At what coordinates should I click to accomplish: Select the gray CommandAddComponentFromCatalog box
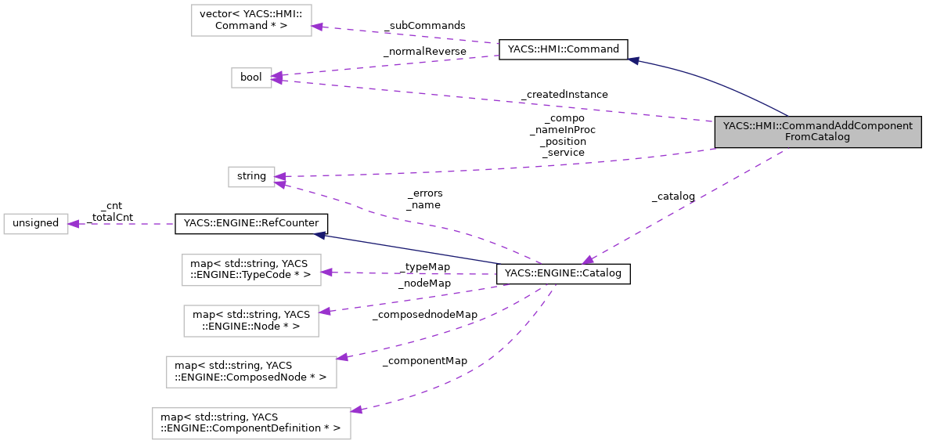click(x=817, y=132)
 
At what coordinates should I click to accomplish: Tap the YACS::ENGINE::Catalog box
click(x=564, y=273)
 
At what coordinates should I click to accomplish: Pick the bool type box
click(x=251, y=77)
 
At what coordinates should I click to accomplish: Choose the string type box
click(x=251, y=176)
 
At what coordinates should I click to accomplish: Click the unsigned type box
click(x=36, y=223)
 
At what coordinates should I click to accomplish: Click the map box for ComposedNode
click(x=251, y=371)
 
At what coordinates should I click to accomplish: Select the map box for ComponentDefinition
click(x=250, y=423)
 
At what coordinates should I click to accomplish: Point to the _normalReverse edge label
click(x=424, y=52)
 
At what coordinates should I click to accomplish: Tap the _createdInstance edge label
click(x=564, y=94)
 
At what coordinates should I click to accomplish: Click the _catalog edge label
click(x=673, y=196)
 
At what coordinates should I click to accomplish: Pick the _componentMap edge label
click(x=424, y=360)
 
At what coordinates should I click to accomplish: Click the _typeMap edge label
click(x=424, y=266)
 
